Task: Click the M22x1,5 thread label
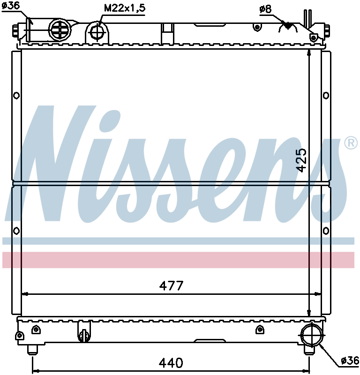click(x=125, y=8)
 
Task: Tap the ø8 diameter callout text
click(x=265, y=9)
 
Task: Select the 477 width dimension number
click(x=171, y=285)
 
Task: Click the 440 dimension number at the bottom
click(x=171, y=362)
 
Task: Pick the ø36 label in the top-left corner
click(x=11, y=5)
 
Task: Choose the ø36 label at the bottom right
click(x=350, y=360)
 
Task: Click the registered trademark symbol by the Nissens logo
click(x=351, y=143)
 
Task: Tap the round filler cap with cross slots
click(x=59, y=29)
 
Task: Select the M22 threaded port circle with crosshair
click(x=98, y=31)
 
